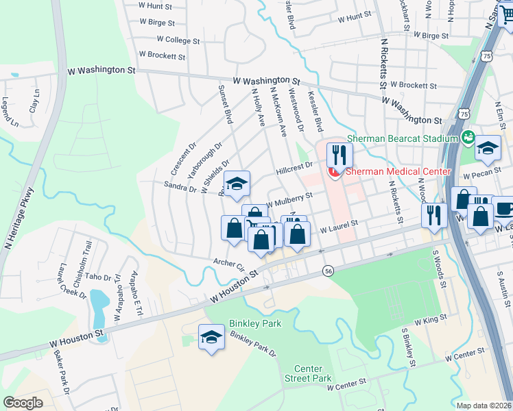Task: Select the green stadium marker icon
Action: (469, 138)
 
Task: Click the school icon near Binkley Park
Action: (212, 336)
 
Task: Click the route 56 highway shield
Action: (329, 271)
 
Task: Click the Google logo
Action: (23, 403)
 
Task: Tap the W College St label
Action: (178, 40)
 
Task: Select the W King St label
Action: (430, 319)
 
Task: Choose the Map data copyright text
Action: (484, 406)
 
